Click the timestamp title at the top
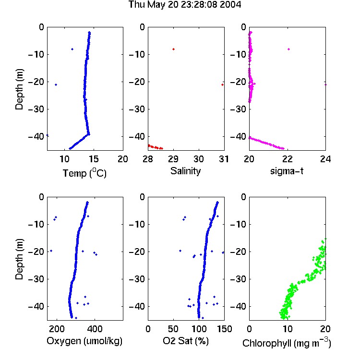tap(185, 5)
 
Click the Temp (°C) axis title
tap(84, 173)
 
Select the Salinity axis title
tap(185, 171)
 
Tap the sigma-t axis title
tap(287, 171)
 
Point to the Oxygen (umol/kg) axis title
tap(84, 341)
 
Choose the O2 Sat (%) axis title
tap(186, 341)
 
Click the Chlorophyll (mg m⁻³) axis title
tap(287, 343)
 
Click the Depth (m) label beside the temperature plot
tap(19, 89)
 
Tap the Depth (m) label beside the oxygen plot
tap(19, 259)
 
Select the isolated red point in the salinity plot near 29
tap(174, 49)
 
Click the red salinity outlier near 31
tap(222, 84)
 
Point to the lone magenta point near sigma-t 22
tap(289, 49)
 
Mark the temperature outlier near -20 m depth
tap(56, 84)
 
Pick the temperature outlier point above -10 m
tap(72, 49)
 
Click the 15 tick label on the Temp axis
tap(94, 159)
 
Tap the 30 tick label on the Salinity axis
tap(199, 159)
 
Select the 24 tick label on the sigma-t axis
tap(325, 159)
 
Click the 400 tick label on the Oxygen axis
tap(95, 329)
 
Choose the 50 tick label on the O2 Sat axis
tap(173, 329)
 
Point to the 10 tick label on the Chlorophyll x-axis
tap(288, 329)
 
